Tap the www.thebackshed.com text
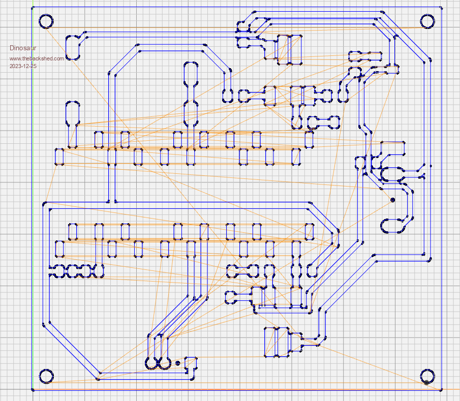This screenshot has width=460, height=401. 37,58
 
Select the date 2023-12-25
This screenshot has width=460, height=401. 23,66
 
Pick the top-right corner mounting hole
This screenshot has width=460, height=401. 427,21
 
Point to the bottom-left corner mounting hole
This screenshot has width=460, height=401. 46,376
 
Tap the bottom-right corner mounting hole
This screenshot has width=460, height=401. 427,376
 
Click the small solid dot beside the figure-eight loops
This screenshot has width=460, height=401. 177,363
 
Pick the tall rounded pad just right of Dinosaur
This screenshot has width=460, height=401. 73,47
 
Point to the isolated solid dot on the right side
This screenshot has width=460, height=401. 392,200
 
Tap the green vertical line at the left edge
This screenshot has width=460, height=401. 32,203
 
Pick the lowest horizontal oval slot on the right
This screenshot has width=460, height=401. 394,225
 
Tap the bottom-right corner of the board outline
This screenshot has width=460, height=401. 441,390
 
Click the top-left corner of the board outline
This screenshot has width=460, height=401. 32,7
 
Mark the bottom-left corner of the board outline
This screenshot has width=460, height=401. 32,390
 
